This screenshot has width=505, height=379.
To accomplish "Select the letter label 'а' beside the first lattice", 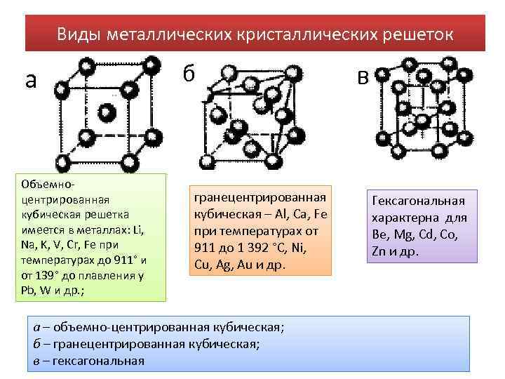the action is tap(30, 81).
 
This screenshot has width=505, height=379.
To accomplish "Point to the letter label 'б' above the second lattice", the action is tap(189, 72).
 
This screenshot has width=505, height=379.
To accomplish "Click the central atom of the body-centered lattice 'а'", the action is tap(107, 112).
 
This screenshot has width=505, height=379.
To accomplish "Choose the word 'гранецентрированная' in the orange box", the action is tap(260, 199).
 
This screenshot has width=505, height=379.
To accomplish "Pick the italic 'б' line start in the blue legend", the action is tap(36, 344).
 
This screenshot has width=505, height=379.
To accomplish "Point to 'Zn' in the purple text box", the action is tap(379, 251).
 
